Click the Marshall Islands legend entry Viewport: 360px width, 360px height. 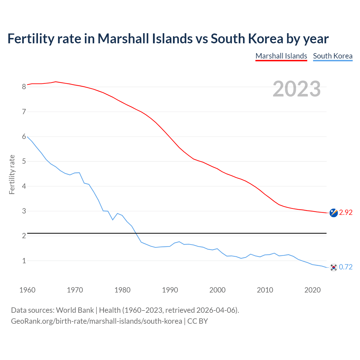coord(281,56)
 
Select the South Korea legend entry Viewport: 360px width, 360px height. coord(333,56)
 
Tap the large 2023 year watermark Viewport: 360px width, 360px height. coord(297,89)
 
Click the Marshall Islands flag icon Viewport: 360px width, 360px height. coord(334,213)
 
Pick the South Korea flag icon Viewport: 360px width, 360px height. coord(334,267)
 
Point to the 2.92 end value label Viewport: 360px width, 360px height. coord(346,213)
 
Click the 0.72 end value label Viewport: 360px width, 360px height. coord(346,267)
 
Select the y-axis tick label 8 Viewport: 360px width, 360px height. coord(24,87)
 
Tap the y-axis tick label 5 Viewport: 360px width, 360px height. coord(24,161)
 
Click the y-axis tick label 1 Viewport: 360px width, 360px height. coord(24,261)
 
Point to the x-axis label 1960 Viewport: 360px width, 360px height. coord(27,290)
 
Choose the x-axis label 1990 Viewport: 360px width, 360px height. coord(170,290)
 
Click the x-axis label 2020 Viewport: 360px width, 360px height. coord(312,290)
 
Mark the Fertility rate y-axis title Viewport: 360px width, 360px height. coord(12,174)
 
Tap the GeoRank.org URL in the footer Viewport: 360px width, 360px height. coord(96,321)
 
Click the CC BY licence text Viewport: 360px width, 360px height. coord(197,321)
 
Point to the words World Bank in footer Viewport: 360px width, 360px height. coord(75,310)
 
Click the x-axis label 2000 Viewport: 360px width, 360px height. coord(217,290)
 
